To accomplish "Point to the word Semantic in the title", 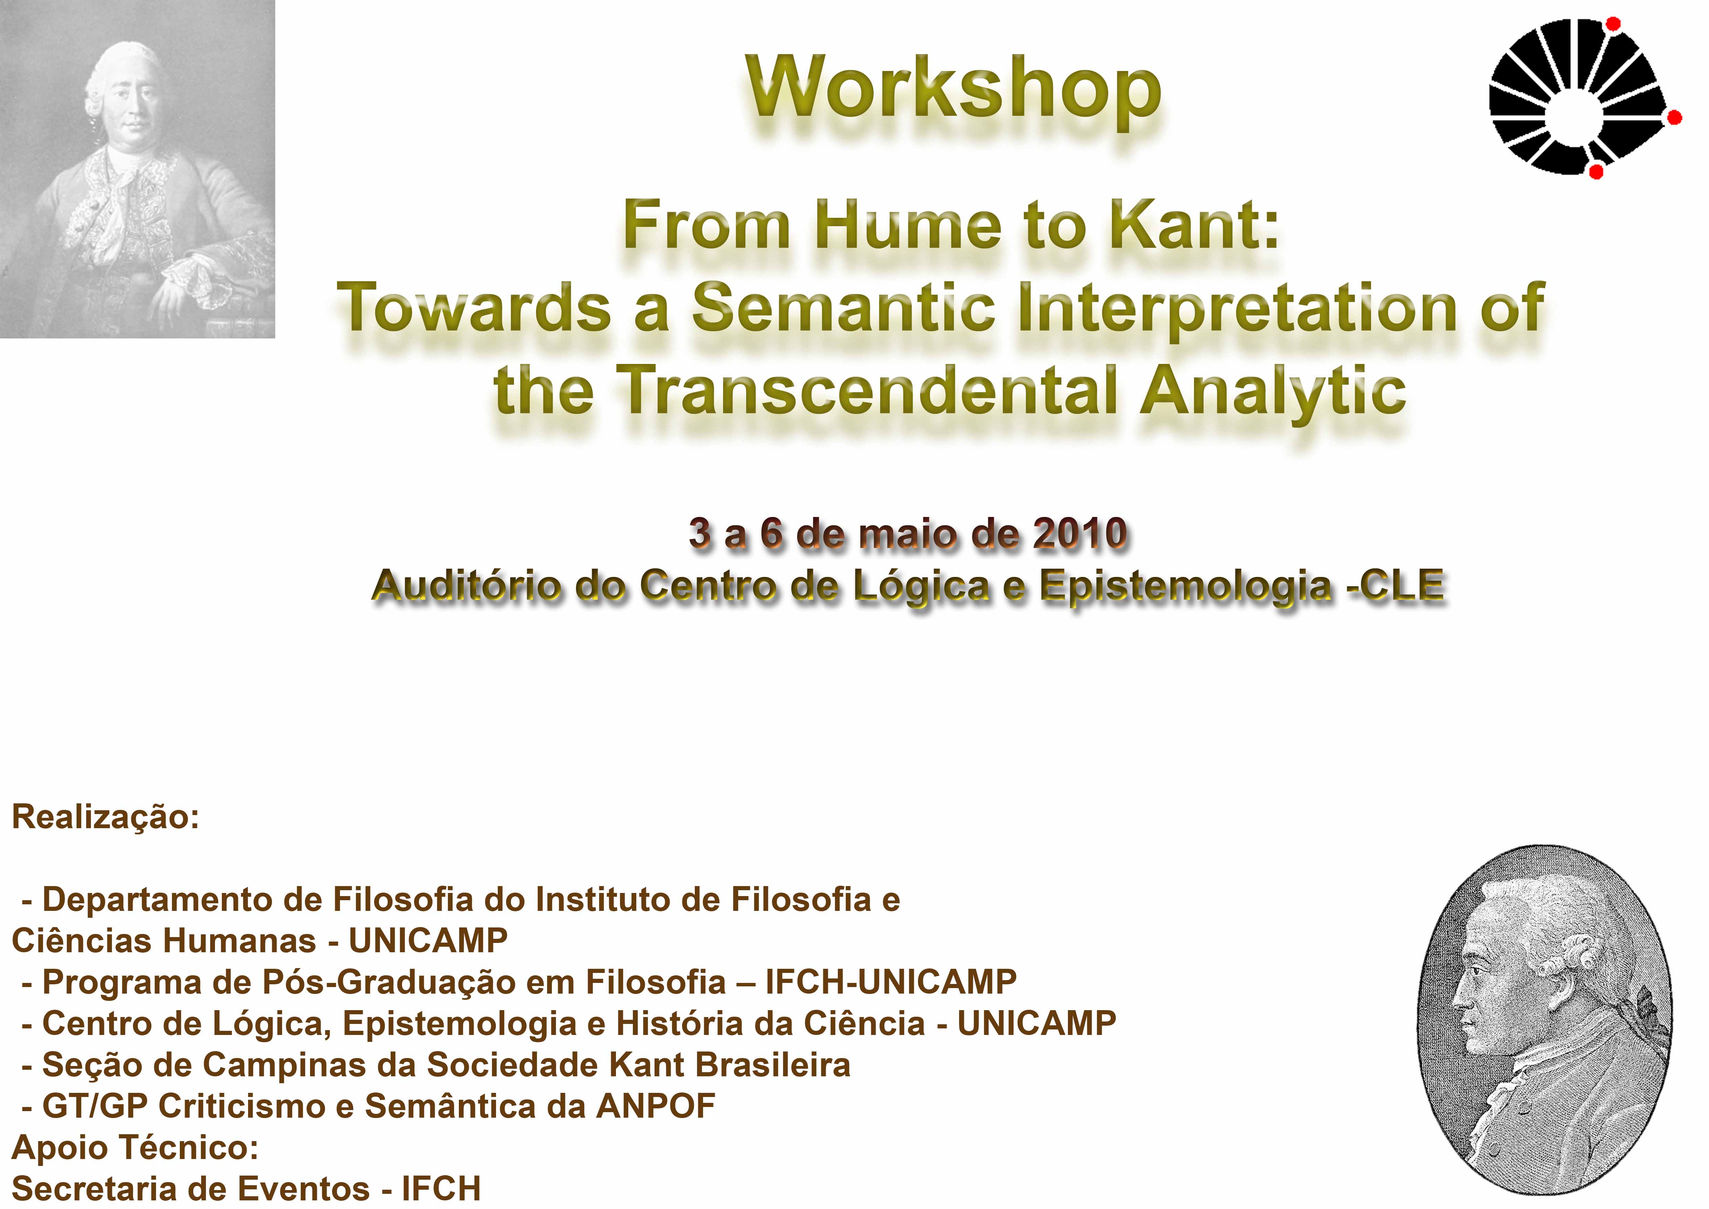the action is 843,307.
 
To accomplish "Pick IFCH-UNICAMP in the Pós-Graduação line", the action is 891,982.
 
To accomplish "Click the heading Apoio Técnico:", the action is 135,1147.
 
